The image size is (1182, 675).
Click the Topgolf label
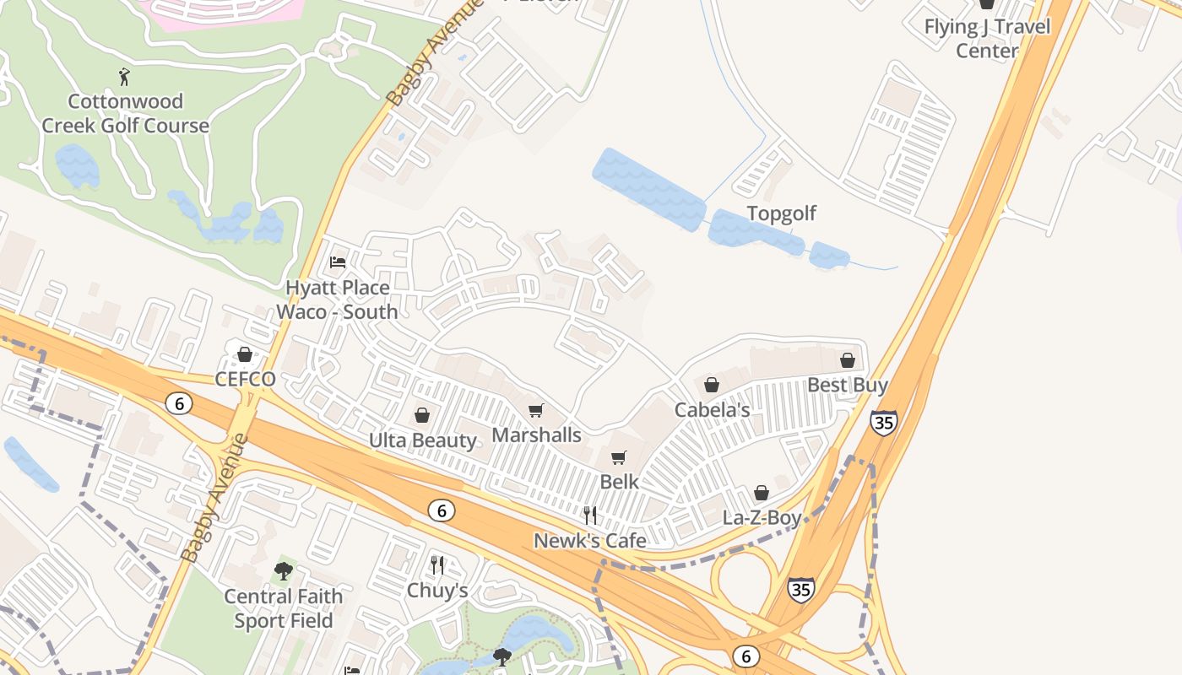(x=782, y=213)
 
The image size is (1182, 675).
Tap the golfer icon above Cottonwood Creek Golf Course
(x=125, y=77)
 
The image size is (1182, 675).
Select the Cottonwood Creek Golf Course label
(x=126, y=114)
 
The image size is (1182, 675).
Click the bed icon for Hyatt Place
(x=338, y=262)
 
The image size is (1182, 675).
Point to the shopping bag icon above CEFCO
(x=245, y=354)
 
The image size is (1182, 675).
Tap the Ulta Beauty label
(x=423, y=440)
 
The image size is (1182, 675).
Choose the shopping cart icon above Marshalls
(x=536, y=411)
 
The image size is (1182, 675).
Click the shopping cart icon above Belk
(x=619, y=457)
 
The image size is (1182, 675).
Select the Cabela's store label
(x=712, y=410)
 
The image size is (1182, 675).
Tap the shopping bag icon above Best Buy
(x=848, y=360)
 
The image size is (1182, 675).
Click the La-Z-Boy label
(x=762, y=517)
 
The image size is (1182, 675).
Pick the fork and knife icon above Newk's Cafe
(x=590, y=515)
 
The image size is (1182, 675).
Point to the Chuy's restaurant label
(x=437, y=591)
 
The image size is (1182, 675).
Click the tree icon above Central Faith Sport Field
(x=284, y=571)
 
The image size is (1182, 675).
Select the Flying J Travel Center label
(x=987, y=38)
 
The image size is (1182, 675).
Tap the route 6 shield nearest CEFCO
(x=177, y=403)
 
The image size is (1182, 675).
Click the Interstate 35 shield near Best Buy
(x=884, y=422)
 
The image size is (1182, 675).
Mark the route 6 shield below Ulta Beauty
(x=441, y=510)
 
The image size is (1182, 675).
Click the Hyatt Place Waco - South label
(x=338, y=300)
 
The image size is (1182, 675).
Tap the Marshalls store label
(x=537, y=435)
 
